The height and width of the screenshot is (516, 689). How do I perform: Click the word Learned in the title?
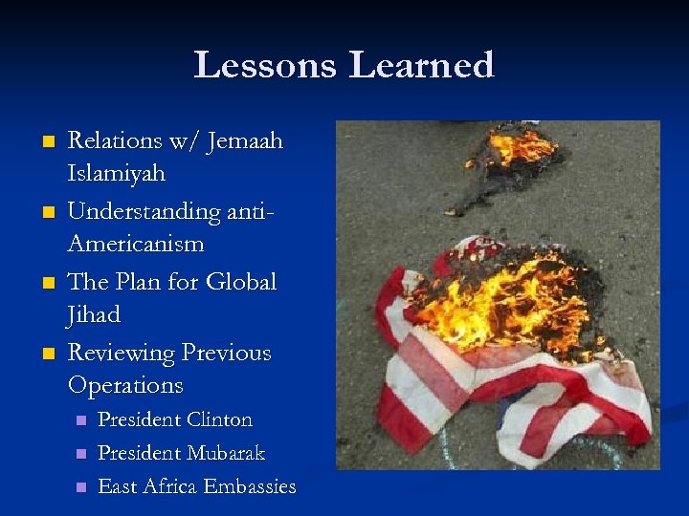coord(422,65)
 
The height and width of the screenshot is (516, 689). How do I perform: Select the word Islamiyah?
coord(117,174)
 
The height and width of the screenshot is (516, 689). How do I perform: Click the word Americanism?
coord(136,244)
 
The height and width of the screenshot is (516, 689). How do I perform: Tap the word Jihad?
coord(94,314)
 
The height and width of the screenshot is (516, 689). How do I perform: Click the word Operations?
coord(124,385)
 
